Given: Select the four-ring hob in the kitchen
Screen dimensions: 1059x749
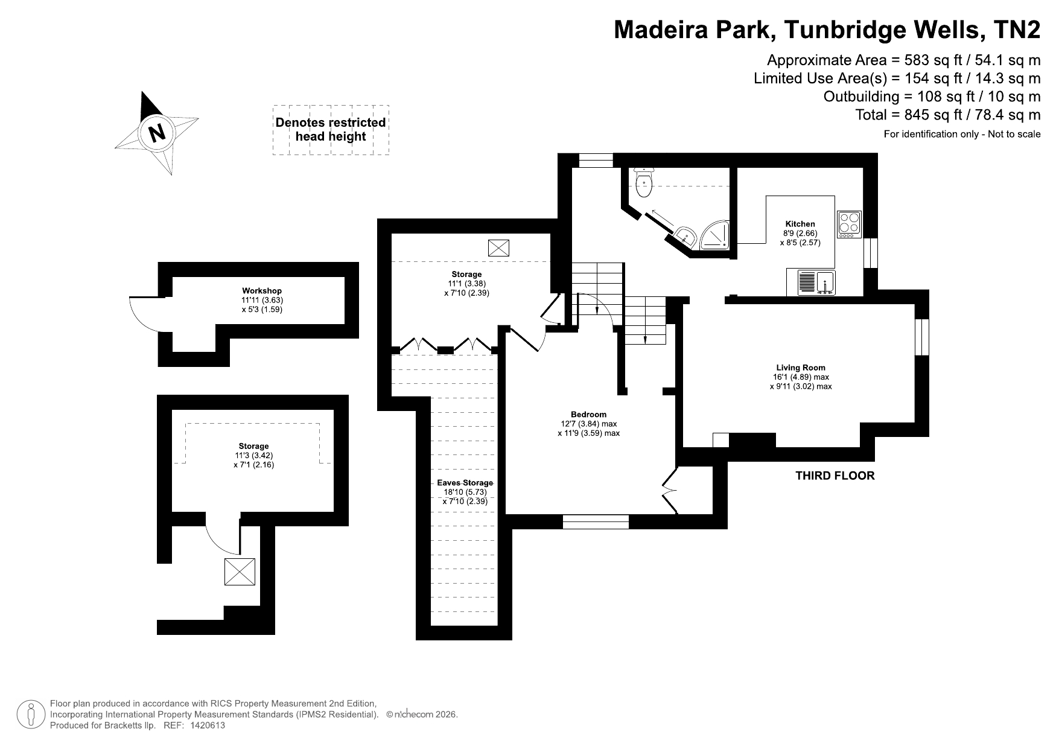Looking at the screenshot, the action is point(850,224).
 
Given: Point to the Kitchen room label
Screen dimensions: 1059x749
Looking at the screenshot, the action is point(800,224).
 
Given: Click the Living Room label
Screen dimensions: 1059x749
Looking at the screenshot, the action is point(801,368).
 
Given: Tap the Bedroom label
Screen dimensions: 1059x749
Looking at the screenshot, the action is point(588,414).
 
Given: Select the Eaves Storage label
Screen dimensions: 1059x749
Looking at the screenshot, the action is point(465,483).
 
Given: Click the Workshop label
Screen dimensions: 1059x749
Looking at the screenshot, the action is point(262,291).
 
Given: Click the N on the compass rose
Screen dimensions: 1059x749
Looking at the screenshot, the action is point(157,132).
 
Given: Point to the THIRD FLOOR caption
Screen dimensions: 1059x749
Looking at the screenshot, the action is point(835,476).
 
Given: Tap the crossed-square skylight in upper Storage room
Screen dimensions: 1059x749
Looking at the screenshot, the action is point(498,247).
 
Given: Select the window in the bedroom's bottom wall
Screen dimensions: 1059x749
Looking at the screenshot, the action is point(596,521).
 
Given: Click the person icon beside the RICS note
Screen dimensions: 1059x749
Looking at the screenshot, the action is point(31,715).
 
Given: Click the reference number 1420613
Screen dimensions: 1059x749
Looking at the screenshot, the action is point(208,725).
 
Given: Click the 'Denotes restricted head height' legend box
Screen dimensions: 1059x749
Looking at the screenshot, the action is point(331,130).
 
